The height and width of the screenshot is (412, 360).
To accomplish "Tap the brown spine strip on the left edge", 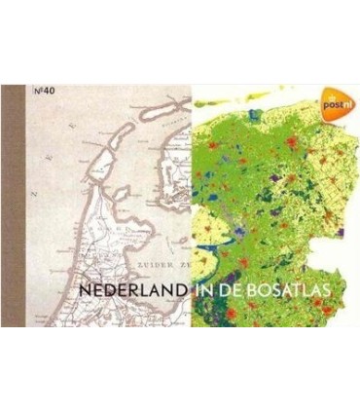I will [x=14, y=206].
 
